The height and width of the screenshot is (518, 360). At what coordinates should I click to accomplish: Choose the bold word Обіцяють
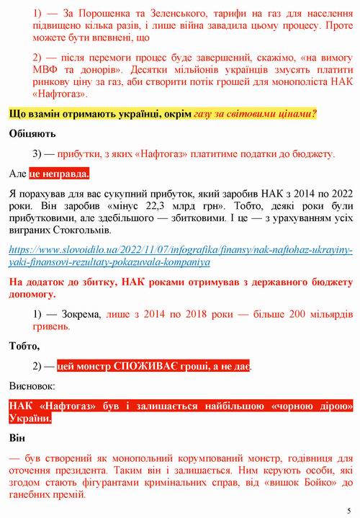(32, 134)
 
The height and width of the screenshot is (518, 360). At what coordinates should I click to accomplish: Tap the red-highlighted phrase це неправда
(60, 174)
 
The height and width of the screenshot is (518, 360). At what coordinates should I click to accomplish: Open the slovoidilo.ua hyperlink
(180, 256)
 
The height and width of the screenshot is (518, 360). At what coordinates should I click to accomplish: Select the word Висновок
(32, 386)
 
